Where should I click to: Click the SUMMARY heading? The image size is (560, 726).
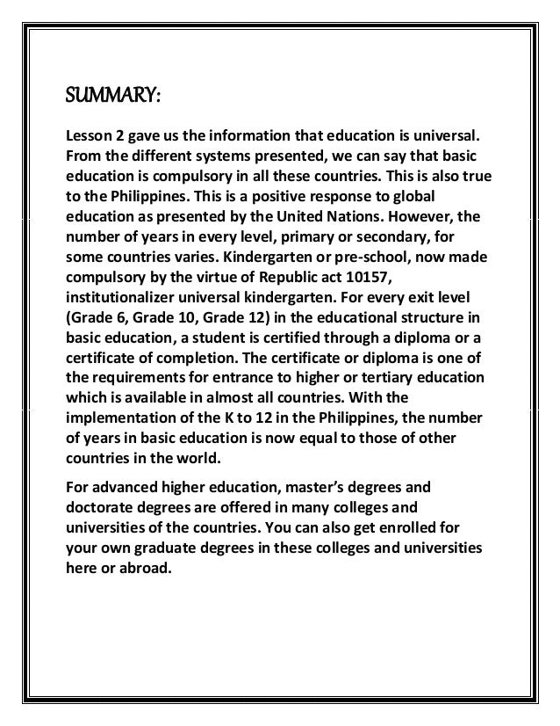[x=109, y=94]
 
